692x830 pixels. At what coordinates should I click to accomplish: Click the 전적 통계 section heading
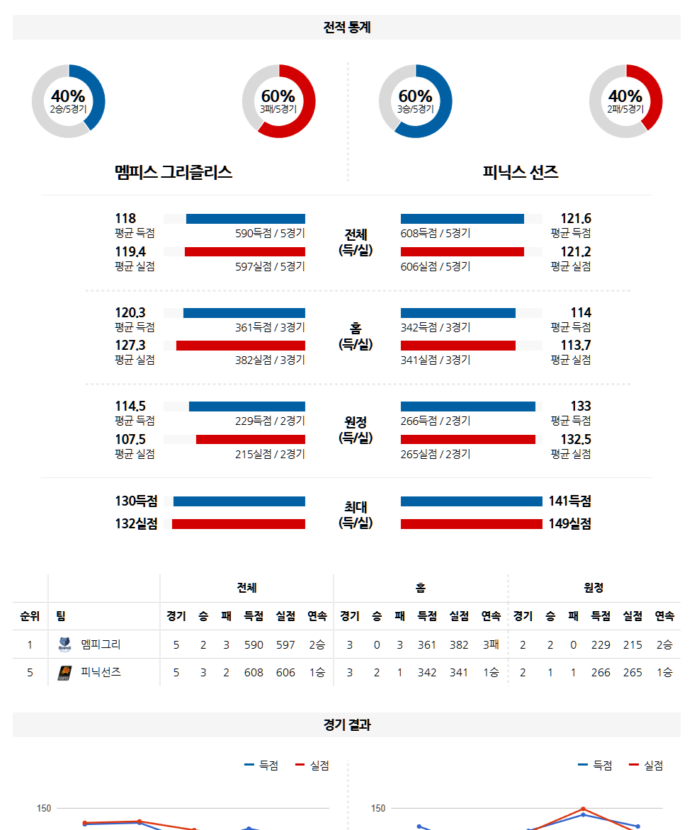(x=346, y=28)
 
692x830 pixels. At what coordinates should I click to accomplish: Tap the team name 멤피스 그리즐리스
(x=174, y=172)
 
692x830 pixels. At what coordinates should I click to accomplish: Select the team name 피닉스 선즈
(x=521, y=172)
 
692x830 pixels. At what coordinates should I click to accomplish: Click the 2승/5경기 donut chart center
(x=68, y=101)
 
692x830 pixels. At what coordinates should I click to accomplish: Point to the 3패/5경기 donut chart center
(x=278, y=101)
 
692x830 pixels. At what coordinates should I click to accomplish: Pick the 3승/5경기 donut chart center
(x=415, y=101)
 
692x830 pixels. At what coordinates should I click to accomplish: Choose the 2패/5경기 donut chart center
(x=625, y=101)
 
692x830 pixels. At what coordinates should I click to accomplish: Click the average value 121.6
(x=575, y=219)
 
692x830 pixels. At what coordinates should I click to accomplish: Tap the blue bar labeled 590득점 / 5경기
(x=245, y=219)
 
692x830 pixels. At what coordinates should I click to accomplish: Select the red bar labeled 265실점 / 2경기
(x=467, y=439)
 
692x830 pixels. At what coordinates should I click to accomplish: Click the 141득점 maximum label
(x=569, y=501)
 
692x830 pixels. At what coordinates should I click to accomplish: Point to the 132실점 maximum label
(x=136, y=524)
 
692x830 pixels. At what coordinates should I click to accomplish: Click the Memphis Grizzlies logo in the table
(x=64, y=644)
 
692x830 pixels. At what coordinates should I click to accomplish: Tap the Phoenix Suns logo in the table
(x=64, y=673)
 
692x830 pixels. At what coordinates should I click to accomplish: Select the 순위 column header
(x=30, y=616)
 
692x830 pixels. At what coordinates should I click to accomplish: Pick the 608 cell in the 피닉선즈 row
(x=254, y=673)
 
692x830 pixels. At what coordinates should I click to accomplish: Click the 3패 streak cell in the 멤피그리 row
(x=491, y=644)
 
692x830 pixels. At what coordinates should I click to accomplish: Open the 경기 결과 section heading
(x=346, y=725)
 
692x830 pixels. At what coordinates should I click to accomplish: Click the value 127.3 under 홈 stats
(x=130, y=345)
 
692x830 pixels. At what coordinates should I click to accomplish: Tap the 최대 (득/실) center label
(x=356, y=515)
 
